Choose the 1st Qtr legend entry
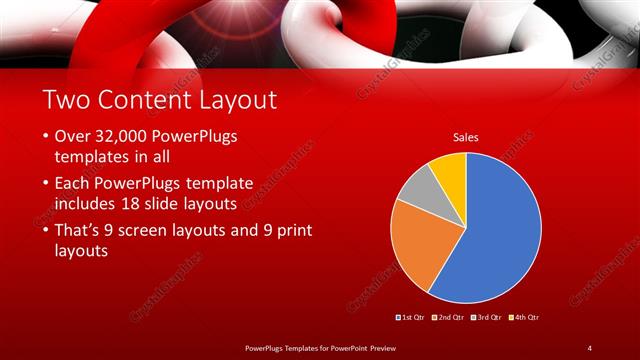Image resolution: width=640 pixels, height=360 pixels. pos(411,317)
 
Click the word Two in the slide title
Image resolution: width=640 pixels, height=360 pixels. pos(67,100)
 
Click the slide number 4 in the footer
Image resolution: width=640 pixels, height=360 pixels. pos(589,347)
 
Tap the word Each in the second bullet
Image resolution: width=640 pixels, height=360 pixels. pos(72,184)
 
